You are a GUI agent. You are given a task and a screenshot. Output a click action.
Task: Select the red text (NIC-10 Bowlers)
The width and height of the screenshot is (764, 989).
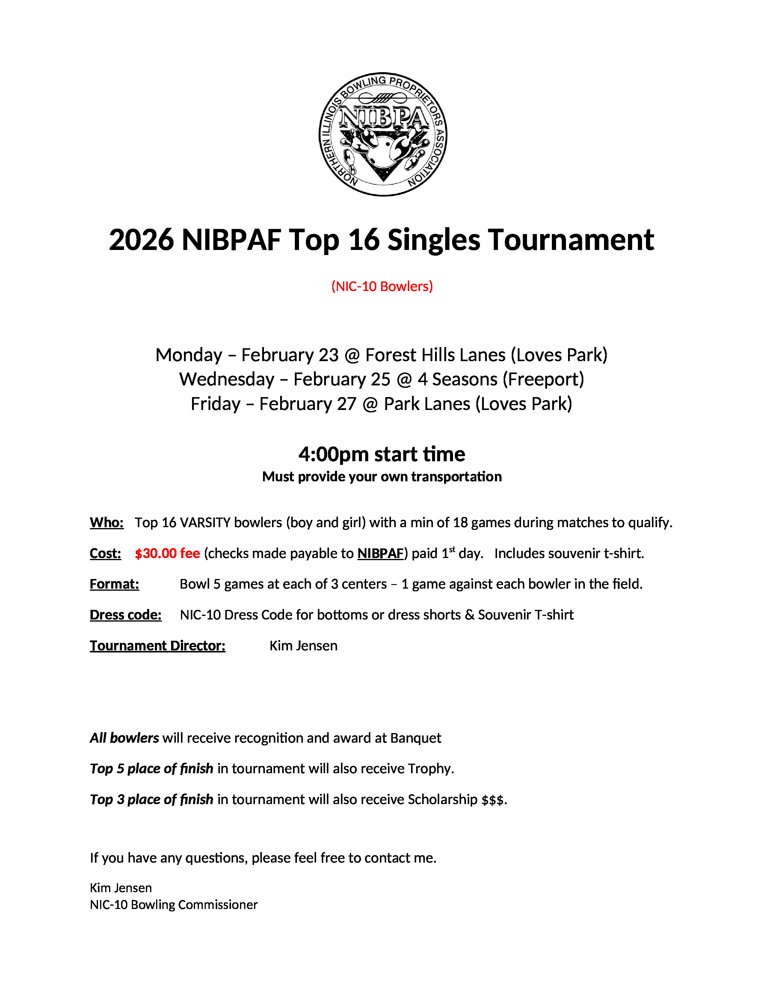pos(382,286)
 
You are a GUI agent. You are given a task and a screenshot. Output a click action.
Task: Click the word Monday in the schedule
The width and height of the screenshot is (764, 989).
pos(189,355)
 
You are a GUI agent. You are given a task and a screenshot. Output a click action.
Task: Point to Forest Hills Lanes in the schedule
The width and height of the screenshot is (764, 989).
pos(435,355)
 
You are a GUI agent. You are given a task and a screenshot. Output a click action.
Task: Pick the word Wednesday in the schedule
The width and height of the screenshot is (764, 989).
pos(227,379)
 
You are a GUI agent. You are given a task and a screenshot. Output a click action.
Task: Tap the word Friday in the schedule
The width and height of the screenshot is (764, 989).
pos(215,404)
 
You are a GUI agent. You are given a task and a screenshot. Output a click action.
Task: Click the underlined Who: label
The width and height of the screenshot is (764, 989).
pos(106,523)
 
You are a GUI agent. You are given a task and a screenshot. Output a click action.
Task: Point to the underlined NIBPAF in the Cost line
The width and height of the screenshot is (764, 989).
pos(380,553)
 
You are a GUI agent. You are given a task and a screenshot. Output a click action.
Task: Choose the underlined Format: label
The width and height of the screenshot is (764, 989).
pos(114,584)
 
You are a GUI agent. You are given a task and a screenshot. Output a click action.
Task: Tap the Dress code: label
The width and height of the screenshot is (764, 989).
pos(125,615)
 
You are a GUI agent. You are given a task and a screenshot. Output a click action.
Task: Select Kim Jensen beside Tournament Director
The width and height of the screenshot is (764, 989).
pos(303,646)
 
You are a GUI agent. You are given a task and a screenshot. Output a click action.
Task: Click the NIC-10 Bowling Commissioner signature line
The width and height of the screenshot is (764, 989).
pos(173,905)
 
